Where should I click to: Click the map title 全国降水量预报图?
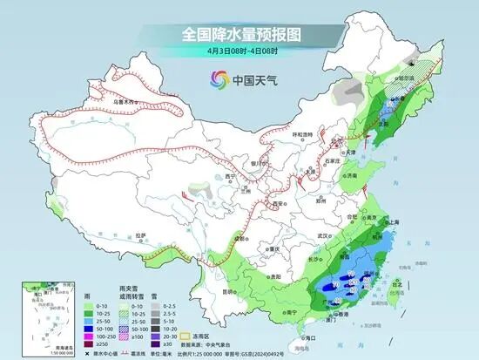click(x=239, y=34)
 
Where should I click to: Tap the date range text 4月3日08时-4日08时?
click(x=239, y=51)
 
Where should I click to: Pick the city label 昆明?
click(x=227, y=292)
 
